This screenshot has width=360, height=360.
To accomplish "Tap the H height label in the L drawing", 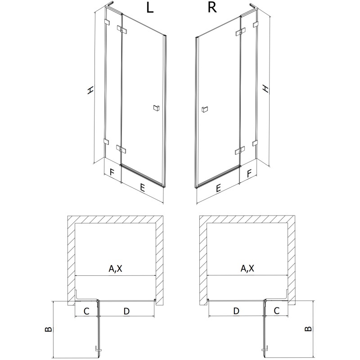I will [x=91, y=90].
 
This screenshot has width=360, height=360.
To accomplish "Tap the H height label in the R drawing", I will [x=266, y=89].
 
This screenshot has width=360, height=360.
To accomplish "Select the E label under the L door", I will [x=142, y=189].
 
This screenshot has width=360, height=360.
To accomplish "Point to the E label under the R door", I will [x=218, y=189].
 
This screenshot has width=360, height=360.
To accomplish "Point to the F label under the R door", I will [x=248, y=172].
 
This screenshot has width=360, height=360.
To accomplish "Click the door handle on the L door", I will [x=156, y=107].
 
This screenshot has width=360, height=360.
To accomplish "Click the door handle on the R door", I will [x=205, y=108].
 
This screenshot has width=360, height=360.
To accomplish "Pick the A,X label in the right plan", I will [x=247, y=269].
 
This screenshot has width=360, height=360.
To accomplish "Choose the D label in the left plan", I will [x=126, y=311].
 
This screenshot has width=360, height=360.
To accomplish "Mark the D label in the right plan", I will [x=236, y=311].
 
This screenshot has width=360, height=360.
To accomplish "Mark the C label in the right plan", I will [x=277, y=310].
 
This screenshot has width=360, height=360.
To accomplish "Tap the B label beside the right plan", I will [x=308, y=328].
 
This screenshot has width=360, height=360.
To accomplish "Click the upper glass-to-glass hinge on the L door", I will [x=121, y=30].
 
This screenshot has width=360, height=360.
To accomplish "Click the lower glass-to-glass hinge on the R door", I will [x=239, y=150].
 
